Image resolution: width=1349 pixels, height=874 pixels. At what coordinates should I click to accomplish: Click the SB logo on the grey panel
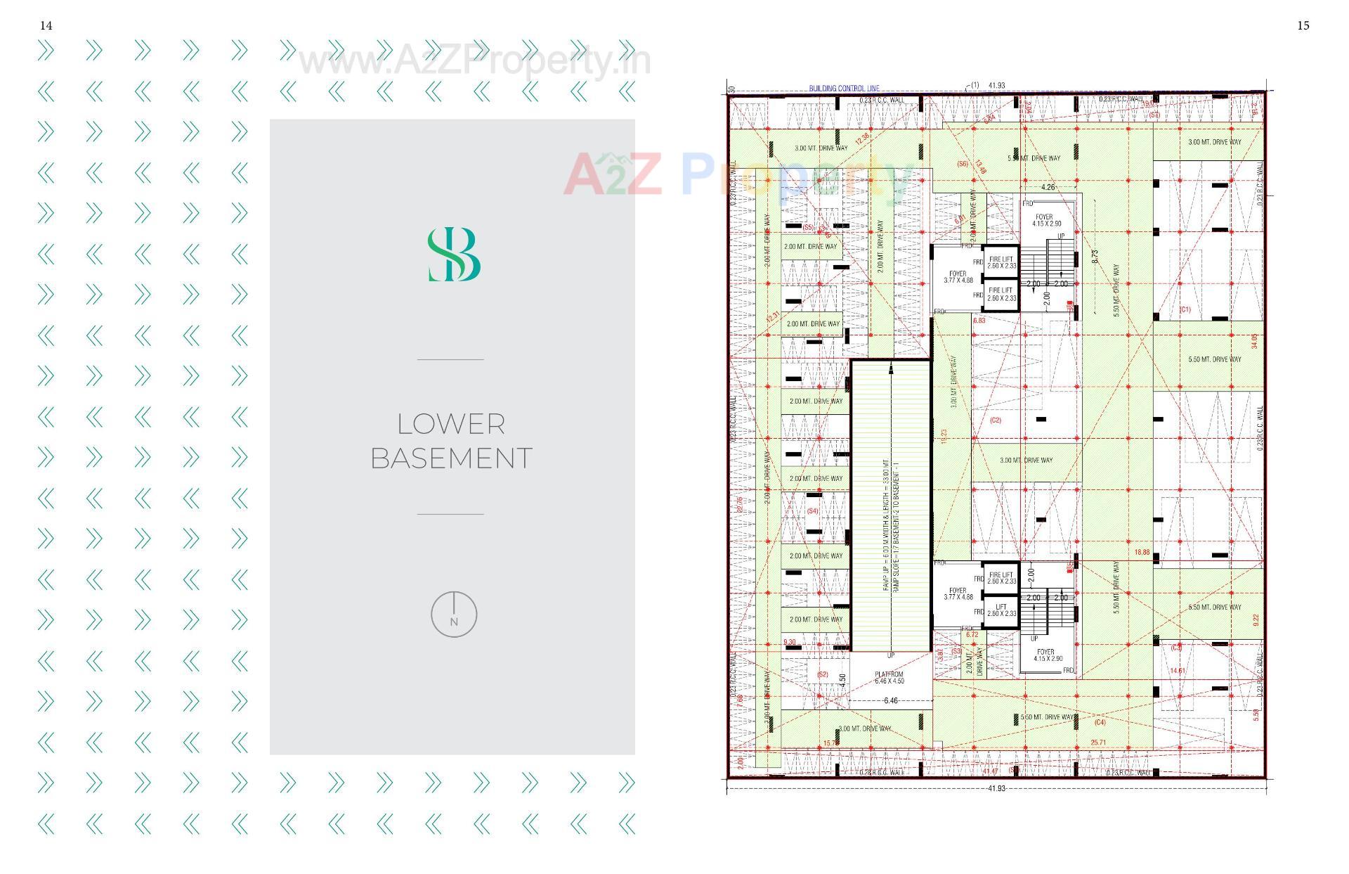pyautogui.click(x=454, y=255)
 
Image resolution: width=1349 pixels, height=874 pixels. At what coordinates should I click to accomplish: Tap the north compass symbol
pyautogui.click(x=454, y=615)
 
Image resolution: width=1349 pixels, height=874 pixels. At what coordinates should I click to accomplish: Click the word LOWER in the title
pyautogui.click(x=451, y=424)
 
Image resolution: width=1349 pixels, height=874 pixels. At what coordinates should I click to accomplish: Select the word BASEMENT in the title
pyautogui.click(x=451, y=458)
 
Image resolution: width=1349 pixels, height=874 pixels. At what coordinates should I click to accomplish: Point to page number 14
pyautogui.click(x=46, y=25)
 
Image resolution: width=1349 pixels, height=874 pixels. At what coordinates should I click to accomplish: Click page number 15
pyautogui.click(x=1303, y=25)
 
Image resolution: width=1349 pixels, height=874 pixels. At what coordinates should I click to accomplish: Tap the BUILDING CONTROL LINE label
pyautogui.click(x=844, y=89)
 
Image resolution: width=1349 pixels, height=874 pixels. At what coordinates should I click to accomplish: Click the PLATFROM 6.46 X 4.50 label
pyautogui.click(x=889, y=678)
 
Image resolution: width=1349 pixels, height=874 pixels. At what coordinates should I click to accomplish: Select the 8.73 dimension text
pyautogui.click(x=1095, y=257)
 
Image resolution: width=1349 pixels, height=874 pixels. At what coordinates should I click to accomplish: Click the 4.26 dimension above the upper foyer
pyautogui.click(x=1048, y=187)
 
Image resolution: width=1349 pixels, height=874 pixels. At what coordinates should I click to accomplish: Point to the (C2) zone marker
pyautogui.click(x=995, y=420)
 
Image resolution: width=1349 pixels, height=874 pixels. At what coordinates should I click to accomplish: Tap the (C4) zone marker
pyautogui.click(x=1100, y=722)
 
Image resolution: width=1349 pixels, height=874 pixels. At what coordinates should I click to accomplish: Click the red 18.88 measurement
pyautogui.click(x=1142, y=553)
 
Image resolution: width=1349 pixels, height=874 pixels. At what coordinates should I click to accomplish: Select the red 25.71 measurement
pyautogui.click(x=1098, y=743)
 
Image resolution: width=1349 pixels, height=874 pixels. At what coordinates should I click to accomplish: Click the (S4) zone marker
pyautogui.click(x=812, y=511)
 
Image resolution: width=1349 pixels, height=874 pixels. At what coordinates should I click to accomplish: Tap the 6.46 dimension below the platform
pyautogui.click(x=890, y=700)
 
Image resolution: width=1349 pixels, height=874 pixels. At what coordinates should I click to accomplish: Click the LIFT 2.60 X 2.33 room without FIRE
pyautogui.click(x=1001, y=610)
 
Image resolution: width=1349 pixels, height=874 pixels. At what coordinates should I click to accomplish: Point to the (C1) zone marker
pyautogui.click(x=1185, y=309)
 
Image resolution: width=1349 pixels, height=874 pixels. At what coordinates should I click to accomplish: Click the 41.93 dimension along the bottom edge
pyautogui.click(x=996, y=788)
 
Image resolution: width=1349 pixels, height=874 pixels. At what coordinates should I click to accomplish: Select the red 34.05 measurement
pyautogui.click(x=1254, y=341)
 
